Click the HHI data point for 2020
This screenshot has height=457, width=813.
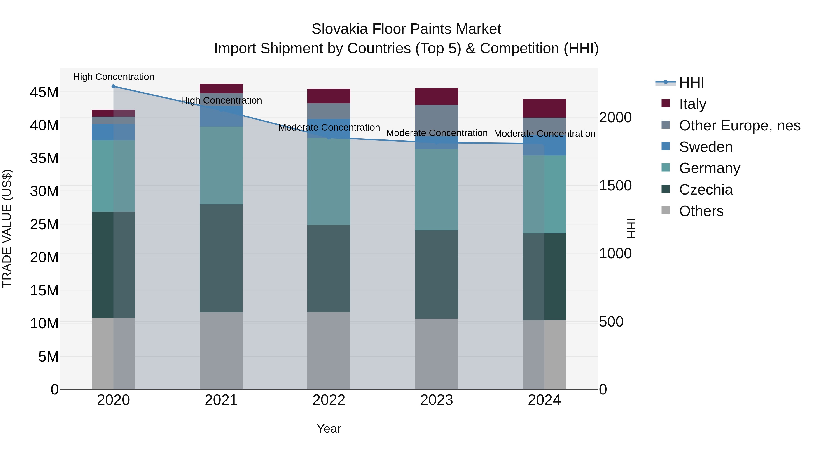[113, 86]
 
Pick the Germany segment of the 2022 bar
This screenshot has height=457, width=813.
[329, 181]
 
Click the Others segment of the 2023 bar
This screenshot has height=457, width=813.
[437, 354]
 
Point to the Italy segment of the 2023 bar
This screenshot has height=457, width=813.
[437, 97]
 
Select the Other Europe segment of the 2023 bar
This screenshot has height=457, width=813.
[437, 120]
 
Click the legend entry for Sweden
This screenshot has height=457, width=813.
[706, 147]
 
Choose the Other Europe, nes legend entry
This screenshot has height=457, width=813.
[739, 125]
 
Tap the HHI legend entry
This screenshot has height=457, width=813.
[692, 83]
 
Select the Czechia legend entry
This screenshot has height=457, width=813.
[706, 190]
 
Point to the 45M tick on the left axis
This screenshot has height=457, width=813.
[44, 92]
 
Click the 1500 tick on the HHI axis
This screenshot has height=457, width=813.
[615, 186]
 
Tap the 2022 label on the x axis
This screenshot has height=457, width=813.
[329, 400]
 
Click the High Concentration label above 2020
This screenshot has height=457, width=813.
[114, 77]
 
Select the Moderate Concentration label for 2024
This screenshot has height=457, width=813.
[544, 134]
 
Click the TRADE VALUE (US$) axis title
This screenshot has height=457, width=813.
[7, 229]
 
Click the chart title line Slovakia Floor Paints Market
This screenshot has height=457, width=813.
[406, 29]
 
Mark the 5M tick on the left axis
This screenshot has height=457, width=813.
[48, 357]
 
